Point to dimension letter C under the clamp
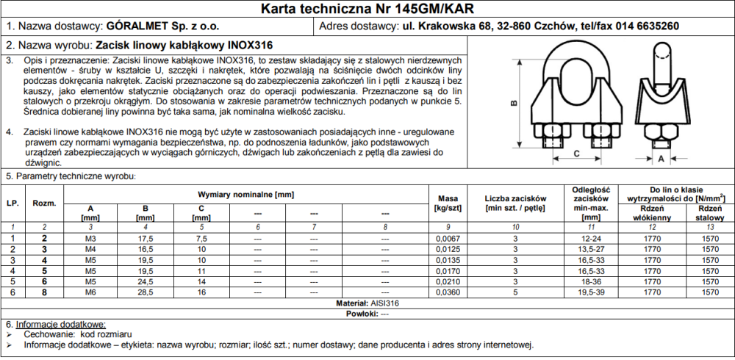tap(576, 153)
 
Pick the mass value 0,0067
tap(448, 239)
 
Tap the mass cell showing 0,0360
tap(448, 292)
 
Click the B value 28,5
tap(145, 292)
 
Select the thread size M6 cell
tap(90, 292)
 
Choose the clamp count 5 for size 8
tap(514, 292)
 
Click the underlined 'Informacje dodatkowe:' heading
tap(61, 324)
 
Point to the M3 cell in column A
tap(90, 239)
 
